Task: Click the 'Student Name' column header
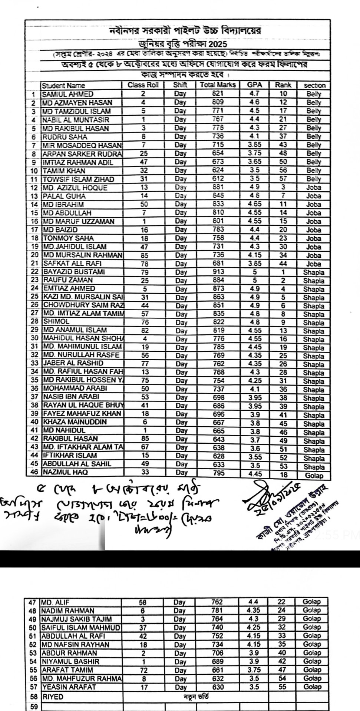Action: coord(63,85)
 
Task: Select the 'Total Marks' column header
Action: coord(218,85)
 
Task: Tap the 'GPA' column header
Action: coord(254,85)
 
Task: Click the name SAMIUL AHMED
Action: coord(67,94)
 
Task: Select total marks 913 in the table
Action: coord(218,272)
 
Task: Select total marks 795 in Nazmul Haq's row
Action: coord(218,473)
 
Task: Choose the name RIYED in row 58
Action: coord(52,697)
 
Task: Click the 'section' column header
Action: coord(314,85)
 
